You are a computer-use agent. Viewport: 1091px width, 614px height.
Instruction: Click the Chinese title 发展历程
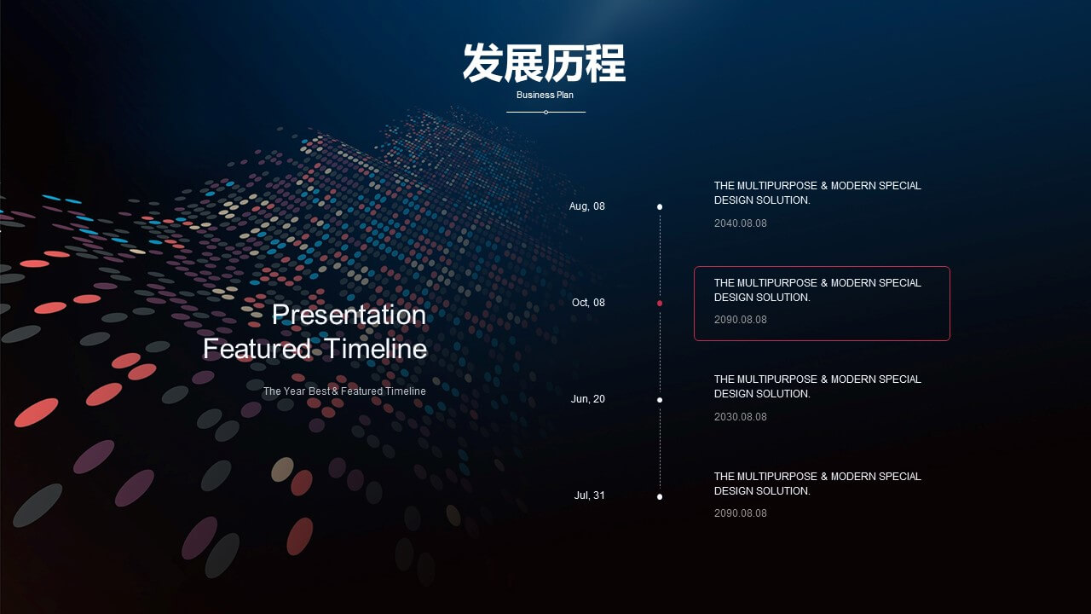point(544,63)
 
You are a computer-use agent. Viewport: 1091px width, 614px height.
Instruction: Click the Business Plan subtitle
point(545,95)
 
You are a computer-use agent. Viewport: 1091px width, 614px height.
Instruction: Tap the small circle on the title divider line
point(546,112)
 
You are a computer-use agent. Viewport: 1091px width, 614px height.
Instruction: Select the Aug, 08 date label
point(587,206)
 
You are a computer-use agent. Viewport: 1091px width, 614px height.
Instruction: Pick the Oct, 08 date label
point(588,303)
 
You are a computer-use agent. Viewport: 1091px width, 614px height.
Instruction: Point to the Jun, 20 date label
point(588,399)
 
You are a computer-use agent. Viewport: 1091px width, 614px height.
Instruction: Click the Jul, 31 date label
point(589,495)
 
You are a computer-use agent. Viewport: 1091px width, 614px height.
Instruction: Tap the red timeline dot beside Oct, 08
point(660,303)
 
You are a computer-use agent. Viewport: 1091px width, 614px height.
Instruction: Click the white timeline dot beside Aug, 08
point(660,207)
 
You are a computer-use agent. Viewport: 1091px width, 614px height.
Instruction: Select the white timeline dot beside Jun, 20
point(660,400)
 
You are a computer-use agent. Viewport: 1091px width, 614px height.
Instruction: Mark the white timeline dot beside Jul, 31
point(660,497)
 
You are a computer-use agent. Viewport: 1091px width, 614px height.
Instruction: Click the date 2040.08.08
point(741,223)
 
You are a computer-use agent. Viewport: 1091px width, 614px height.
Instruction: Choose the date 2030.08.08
point(741,417)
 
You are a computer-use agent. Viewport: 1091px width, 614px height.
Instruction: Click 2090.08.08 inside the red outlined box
point(741,320)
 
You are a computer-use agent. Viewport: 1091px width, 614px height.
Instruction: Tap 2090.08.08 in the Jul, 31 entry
point(741,513)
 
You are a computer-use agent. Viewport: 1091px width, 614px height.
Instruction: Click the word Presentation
point(349,315)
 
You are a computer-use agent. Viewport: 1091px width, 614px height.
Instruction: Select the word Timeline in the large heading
point(376,349)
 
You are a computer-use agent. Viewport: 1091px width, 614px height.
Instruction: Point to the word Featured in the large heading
point(257,349)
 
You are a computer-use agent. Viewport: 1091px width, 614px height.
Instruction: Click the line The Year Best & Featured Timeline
point(344,391)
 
